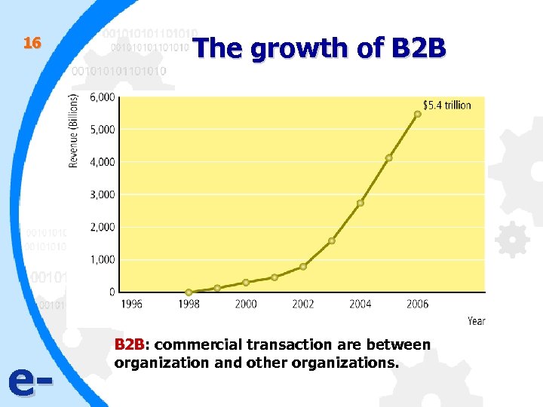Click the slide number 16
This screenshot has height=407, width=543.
(31, 44)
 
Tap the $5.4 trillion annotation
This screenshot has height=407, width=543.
(446, 105)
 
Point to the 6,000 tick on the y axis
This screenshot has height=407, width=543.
(103, 97)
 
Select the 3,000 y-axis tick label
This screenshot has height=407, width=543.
(103, 194)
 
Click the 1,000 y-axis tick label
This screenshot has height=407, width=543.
(103, 259)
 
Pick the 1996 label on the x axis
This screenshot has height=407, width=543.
(131, 304)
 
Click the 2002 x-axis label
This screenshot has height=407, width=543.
(303, 304)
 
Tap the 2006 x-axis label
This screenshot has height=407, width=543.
(417, 304)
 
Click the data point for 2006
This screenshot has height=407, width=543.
(418, 114)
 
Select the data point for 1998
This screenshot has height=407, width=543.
(189, 292)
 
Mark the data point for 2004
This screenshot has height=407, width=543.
(360, 203)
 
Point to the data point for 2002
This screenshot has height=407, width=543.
(303, 266)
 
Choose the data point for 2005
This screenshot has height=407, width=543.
(389, 158)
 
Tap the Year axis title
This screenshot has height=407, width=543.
(476, 321)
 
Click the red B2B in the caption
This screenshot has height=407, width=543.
(129, 345)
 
